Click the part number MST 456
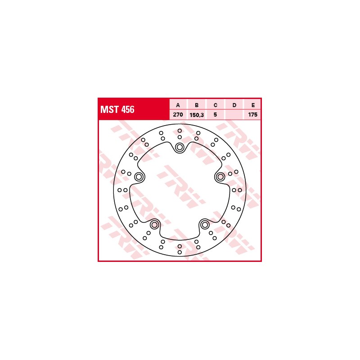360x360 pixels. click(117, 109)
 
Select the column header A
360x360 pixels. click(178, 105)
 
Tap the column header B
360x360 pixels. click(197, 105)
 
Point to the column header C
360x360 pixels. click(216, 105)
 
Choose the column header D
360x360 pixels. click(234, 105)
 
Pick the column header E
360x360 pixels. click(253, 105)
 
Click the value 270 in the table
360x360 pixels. click(178, 115)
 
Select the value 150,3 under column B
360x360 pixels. click(197, 115)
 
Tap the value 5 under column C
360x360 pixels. click(216, 115)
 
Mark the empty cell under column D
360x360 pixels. click(234, 115)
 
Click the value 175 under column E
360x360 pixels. click(253, 115)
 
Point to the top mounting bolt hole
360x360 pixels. click(180, 147)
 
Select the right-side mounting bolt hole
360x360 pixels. click(220, 177)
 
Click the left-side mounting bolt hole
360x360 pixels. click(139, 177)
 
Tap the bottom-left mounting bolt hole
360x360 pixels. click(154, 225)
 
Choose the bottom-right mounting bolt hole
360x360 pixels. click(205, 225)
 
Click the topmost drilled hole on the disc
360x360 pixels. click(180, 130)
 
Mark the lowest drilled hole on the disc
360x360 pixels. click(180, 252)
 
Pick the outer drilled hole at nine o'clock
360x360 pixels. click(120, 190)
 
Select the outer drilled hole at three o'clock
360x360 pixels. click(240, 190)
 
